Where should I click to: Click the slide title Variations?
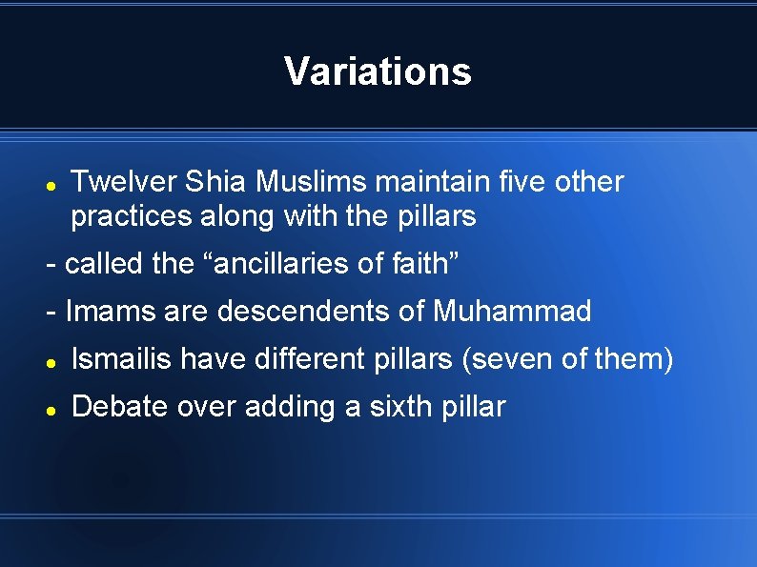(x=378, y=71)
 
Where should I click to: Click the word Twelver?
(x=124, y=181)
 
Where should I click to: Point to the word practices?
(x=132, y=216)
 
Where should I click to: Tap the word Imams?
(x=105, y=312)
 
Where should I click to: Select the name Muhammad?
(x=512, y=312)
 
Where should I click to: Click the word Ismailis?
(x=122, y=359)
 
